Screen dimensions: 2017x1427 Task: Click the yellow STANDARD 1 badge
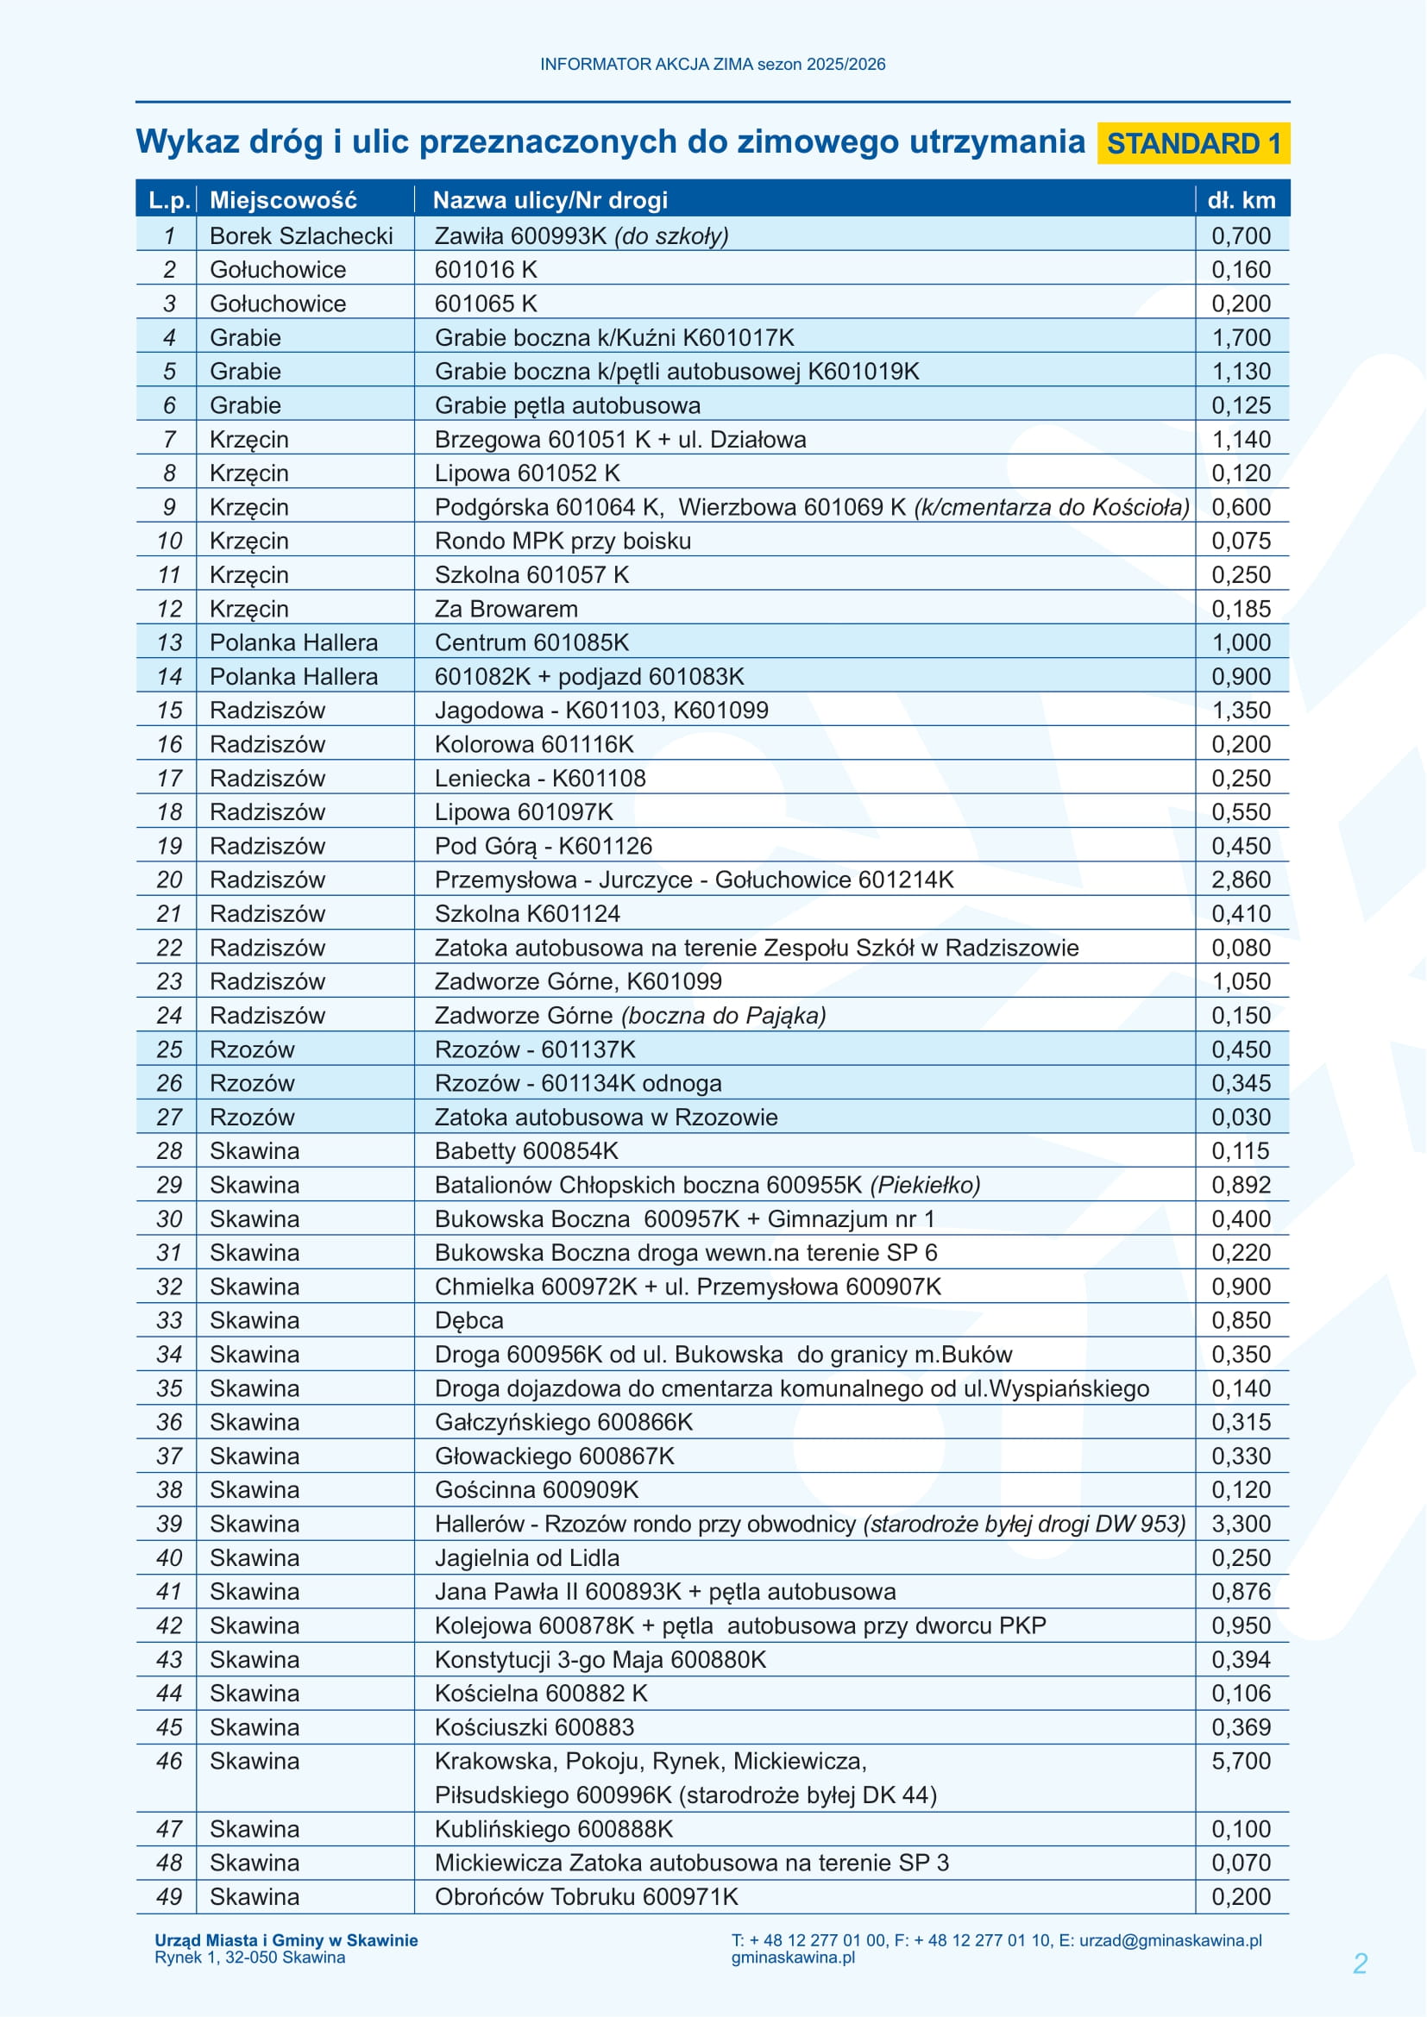[x=1192, y=143]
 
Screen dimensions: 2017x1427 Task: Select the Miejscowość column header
[x=283, y=200]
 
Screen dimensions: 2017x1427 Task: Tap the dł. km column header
[x=1241, y=200]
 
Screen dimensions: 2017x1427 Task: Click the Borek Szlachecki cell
[x=300, y=236]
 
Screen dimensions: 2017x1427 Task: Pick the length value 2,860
[x=1241, y=880]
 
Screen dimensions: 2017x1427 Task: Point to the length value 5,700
[x=1241, y=1761]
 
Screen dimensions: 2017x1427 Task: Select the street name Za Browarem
[x=506, y=609]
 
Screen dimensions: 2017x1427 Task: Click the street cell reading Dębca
[x=469, y=1320]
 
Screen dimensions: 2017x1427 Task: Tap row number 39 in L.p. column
[x=169, y=1523]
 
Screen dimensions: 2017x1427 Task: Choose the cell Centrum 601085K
[x=531, y=642]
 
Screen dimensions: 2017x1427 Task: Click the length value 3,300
[x=1241, y=1523]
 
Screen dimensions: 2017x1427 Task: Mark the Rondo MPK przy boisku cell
[x=563, y=542]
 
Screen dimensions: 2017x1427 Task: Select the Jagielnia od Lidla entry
[x=527, y=1557]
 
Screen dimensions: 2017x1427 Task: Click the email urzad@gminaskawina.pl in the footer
[x=1170, y=1939]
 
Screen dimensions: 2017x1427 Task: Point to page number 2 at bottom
[x=1360, y=1963]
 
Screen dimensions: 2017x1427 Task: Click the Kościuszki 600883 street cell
[x=534, y=1727]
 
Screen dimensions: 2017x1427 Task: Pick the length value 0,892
[x=1241, y=1185]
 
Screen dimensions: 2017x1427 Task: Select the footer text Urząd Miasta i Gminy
[x=286, y=1939]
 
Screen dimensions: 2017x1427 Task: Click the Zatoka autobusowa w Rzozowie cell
[x=607, y=1118]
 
